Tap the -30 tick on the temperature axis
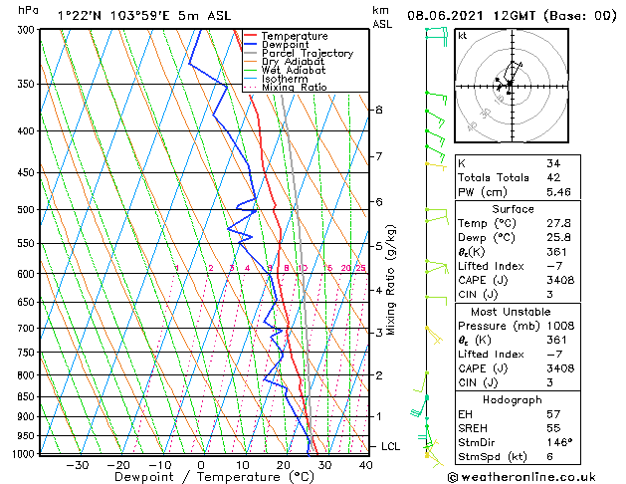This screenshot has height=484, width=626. pyautogui.click(x=77, y=464)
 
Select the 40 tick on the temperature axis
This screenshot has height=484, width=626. pyautogui.click(x=366, y=464)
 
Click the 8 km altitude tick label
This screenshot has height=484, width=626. pyautogui.click(x=378, y=110)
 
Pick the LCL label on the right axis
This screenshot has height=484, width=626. pyautogui.click(x=390, y=446)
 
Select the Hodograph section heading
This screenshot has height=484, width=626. pyautogui.click(x=513, y=399)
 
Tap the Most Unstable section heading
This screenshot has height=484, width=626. pyautogui.click(x=513, y=311)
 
